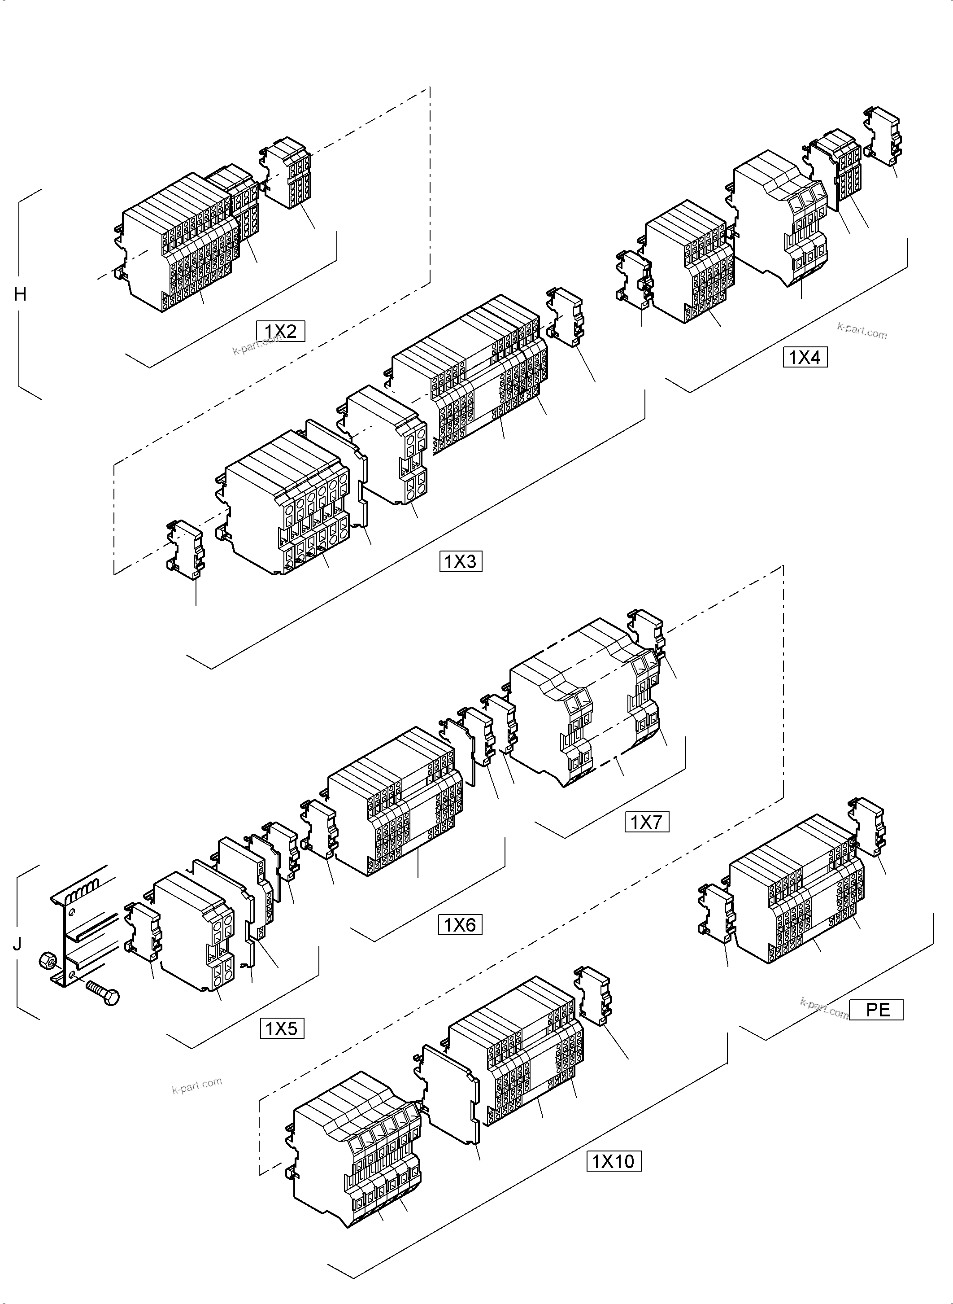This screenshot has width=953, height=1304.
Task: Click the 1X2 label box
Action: (280, 331)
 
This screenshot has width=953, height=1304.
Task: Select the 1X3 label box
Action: (460, 561)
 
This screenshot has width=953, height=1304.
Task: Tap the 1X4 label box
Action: (805, 357)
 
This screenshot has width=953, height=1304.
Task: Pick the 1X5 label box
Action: (282, 1028)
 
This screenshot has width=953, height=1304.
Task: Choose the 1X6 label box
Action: (459, 925)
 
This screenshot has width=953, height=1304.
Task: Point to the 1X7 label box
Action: (647, 822)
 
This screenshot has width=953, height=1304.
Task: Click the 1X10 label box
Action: (613, 1161)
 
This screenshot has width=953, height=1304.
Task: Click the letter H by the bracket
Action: (20, 295)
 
